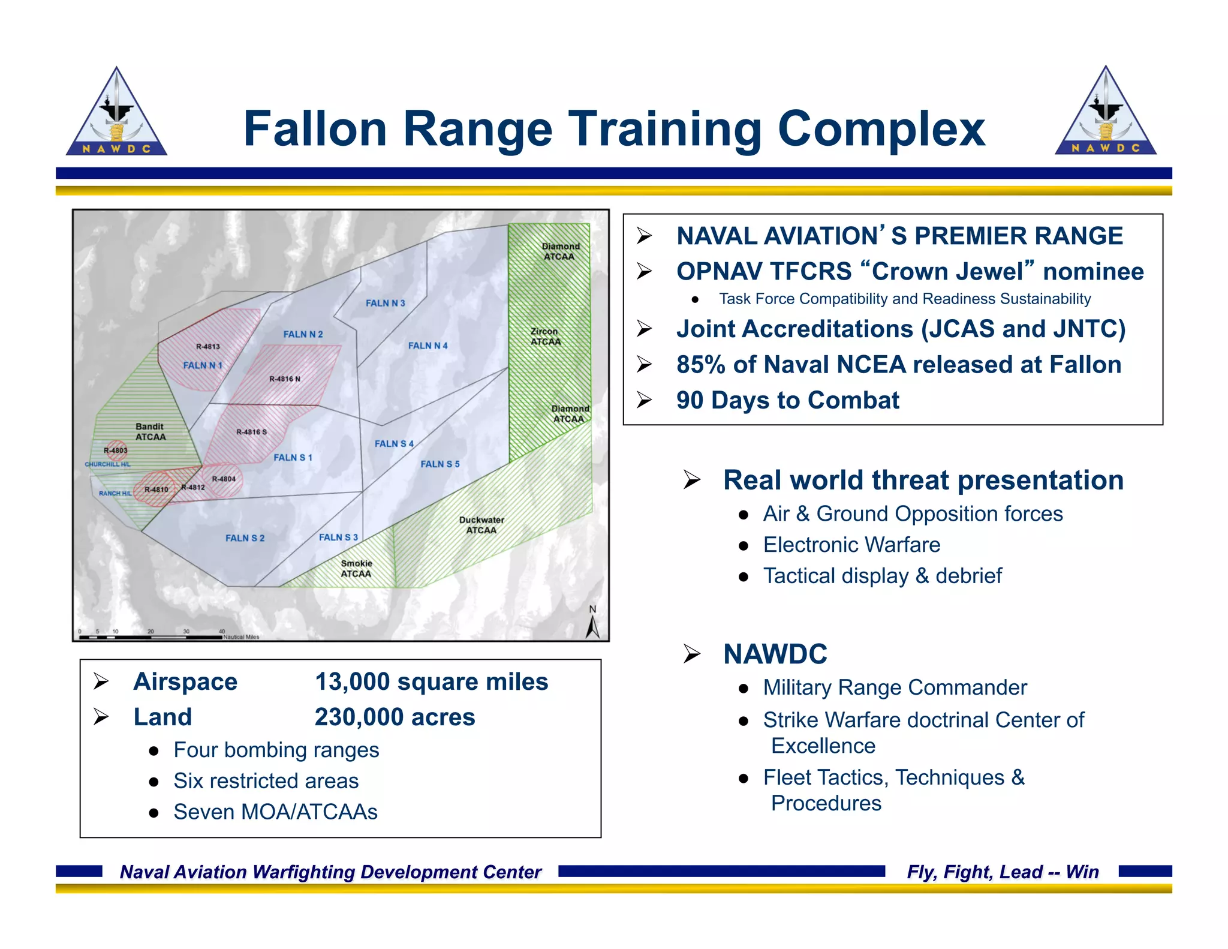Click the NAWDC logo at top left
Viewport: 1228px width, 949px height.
coord(116,113)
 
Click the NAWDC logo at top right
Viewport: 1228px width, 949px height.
coord(1105,112)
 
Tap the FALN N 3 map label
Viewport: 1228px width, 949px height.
coord(385,303)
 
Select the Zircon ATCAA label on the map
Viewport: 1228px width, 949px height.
coord(545,337)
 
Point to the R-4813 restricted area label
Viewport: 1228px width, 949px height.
coord(207,347)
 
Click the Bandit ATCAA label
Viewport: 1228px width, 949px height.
coord(150,431)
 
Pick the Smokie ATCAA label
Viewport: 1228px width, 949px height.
coord(356,568)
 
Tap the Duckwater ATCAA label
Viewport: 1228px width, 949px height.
coord(481,525)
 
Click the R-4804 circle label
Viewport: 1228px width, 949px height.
coord(224,479)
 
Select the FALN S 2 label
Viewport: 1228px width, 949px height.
coord(245,538)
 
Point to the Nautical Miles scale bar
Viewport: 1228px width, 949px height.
coord(150,636)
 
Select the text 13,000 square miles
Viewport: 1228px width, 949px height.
coord(431,681)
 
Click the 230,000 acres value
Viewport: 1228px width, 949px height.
coord(395,717)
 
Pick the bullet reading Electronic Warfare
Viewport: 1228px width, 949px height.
coord(851,545)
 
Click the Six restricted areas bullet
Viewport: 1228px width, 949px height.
coord(266,780)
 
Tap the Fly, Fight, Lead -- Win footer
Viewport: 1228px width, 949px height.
coord(1003,872)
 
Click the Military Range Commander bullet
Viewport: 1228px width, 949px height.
coord(894,687)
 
